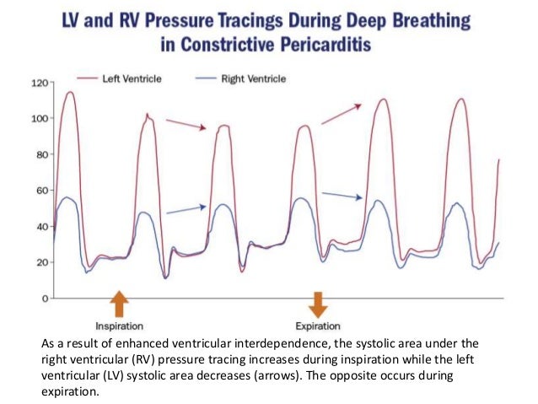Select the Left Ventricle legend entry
[135, 79]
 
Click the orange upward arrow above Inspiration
[119, 304]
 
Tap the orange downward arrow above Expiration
[318, 304]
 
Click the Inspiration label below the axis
[119, 325]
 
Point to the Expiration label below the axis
[318, 325]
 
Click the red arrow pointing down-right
[186, 124]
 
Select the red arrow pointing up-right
[342, 114]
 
